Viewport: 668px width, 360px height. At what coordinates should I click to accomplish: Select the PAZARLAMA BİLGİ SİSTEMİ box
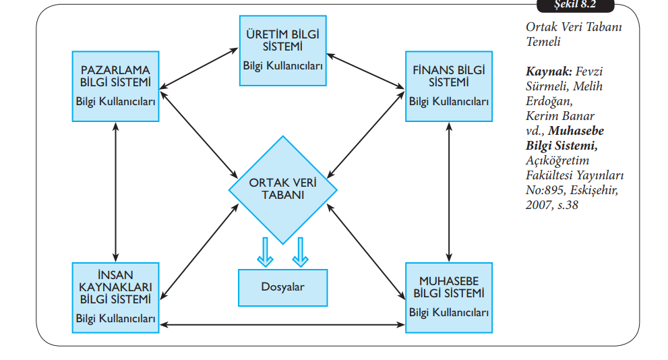(116, 86)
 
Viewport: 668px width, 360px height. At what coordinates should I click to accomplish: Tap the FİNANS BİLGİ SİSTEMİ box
(449, 86)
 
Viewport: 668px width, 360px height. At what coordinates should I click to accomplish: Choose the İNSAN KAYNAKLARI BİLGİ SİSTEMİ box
(116, 297)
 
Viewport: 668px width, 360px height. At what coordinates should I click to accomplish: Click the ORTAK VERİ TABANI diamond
(283, 189)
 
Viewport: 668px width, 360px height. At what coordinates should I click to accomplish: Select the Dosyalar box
(283, 287)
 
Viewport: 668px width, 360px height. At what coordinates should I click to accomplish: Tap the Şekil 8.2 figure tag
(575, 5)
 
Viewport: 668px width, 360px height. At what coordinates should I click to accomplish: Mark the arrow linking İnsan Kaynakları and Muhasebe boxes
(283, 325)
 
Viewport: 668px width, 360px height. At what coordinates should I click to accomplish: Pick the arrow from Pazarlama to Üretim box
(200, 68)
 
